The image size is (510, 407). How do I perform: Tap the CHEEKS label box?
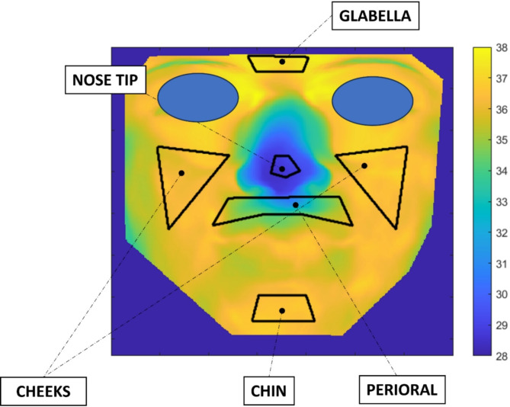click(x=44, y=391)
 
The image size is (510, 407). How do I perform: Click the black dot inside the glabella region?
click(x=282, y=62)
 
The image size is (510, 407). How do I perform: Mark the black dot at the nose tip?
click(x=282, y=169)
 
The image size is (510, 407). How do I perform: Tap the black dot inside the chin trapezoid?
click(x=282, y=311)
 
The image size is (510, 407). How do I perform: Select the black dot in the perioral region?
click(x=296, y=204)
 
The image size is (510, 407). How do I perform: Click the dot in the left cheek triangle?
click(x=181, y=173)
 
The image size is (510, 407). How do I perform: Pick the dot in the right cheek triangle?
click(x=364, y=166)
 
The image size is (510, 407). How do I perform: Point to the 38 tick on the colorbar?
click(x=500, y=47)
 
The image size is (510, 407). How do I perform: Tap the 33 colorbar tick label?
click(x=500, y=202)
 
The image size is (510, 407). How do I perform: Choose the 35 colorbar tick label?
click(x=500, y=140)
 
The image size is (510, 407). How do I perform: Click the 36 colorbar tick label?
click(x=500, y=110)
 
